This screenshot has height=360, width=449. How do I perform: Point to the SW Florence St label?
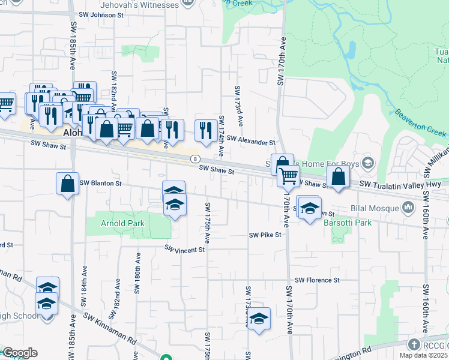tap(317, 280)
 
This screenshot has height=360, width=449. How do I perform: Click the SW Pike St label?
tap(265, 235)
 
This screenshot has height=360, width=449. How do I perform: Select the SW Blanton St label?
tap(101, 183)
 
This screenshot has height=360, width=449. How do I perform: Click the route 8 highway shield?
tap(195, 159)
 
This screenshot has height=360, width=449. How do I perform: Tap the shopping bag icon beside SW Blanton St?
tap(68, 184)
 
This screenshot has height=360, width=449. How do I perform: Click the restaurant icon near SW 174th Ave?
tap(206, 131)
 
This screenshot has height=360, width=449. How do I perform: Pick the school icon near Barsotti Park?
tap(310, 209)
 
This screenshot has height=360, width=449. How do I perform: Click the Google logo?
tap(20, 353)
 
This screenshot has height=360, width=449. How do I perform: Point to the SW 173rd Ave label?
tap(239, 106)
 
